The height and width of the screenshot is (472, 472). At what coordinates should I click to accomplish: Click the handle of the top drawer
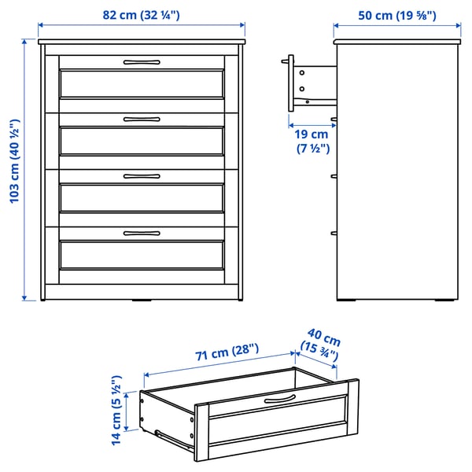coord(142,61)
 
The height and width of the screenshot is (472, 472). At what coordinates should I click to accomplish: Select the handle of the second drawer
coord(142,119)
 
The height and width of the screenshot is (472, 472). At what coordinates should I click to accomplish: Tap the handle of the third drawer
coord(142,175)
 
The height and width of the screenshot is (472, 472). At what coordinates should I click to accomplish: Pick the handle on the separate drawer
coord(279,400)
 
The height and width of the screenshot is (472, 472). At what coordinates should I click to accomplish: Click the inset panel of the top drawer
coord(142,84)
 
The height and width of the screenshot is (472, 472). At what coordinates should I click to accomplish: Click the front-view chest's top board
coord(142,40)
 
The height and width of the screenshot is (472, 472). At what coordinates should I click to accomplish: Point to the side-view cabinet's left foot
coord(348,300)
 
